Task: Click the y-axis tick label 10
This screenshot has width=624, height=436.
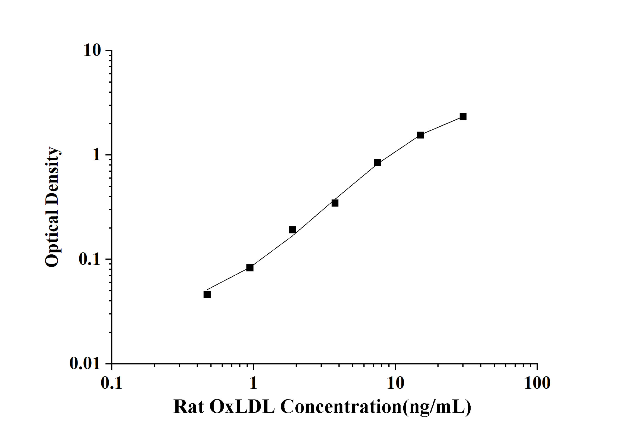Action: (92, 50)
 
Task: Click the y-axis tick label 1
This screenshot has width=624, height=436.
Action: (96, 155)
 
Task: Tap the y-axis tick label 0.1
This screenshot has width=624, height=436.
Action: (89, 259)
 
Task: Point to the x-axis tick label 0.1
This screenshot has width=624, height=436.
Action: (111, 383)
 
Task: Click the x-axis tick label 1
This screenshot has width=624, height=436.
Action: (253, 383)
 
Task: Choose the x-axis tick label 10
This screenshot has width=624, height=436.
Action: (395, 383)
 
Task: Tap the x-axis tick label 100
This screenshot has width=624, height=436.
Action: (537, 383)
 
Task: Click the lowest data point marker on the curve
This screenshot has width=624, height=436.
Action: (207, 294)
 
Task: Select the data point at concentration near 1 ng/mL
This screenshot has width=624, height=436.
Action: (250, 268)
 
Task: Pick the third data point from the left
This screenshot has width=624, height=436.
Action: (292, 230)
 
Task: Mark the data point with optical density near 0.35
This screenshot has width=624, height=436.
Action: (335, 203)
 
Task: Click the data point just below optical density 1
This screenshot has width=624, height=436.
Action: (377, 163)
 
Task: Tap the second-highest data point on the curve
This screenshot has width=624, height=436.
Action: (420, 135)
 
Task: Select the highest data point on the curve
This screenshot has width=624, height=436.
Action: (463, 117)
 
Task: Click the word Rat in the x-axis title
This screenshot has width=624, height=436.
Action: (189, 407)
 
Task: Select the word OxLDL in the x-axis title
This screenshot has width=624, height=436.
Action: (242, 407)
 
